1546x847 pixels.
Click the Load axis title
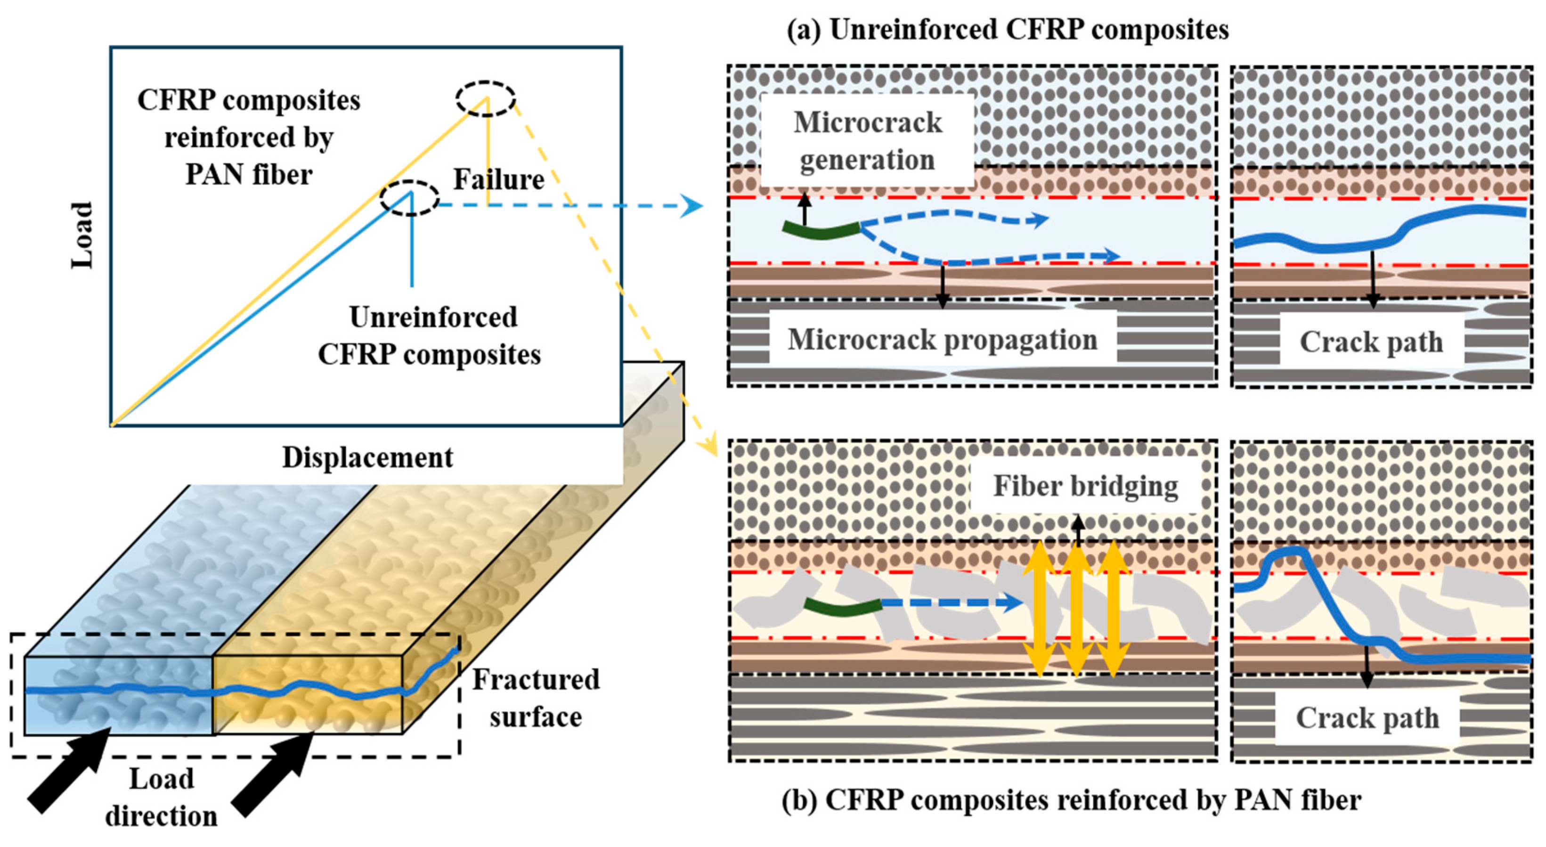coord(82,236)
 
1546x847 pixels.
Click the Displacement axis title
coord(367,458)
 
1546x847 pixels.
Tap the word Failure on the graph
coord(498,179)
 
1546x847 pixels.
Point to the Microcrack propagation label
coord(942,340)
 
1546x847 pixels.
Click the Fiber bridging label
coord(1085,486)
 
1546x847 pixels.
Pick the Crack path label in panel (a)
coord(1371,343)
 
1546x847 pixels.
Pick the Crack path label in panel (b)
coord(1367,718)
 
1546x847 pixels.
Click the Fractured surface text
coord(535,698)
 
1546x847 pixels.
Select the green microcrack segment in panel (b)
coord(843,608)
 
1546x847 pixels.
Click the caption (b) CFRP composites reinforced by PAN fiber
coord(1071,800)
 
